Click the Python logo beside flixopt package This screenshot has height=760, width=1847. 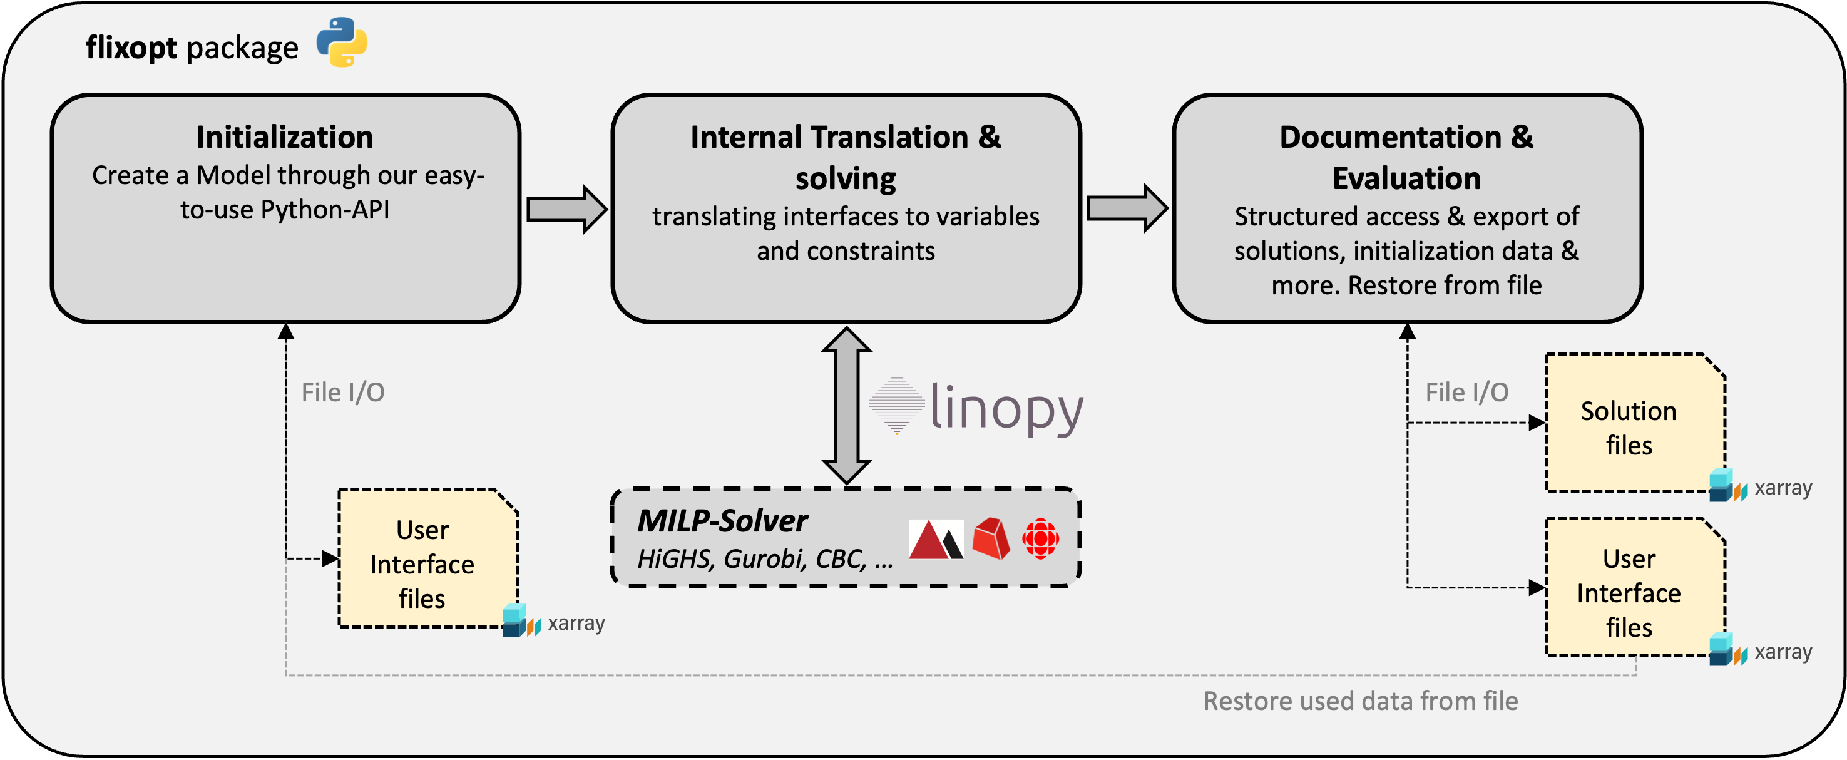342,43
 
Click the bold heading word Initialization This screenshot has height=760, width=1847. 285,137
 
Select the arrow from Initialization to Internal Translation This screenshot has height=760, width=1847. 566,209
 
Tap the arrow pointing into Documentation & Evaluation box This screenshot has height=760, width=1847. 1127,208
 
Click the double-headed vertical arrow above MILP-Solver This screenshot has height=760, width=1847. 847,406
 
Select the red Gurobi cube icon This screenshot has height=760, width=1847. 991,538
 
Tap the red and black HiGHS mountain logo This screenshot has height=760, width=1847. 936,539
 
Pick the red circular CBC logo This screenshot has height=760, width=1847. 1040,538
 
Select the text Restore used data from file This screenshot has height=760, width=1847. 1360,701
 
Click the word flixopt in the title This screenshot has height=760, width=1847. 131,48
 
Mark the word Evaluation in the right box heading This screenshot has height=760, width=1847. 1406,178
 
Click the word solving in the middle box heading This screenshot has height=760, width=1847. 846,178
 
